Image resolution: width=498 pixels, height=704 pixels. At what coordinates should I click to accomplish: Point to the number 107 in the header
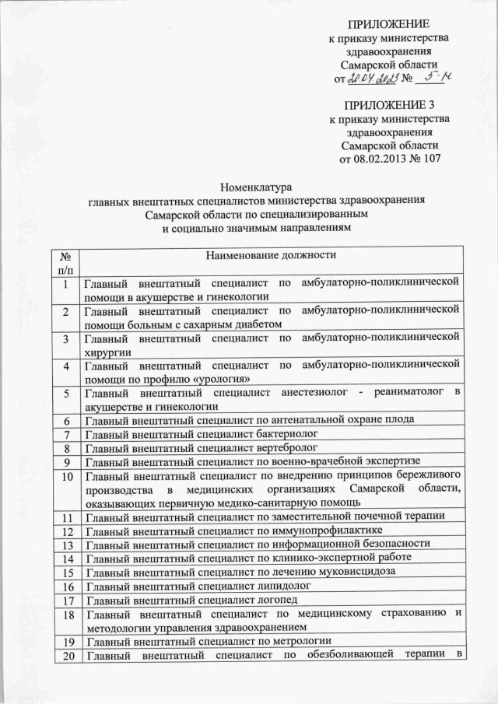(431, 161)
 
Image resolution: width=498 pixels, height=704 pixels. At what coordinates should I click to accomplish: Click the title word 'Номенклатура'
(256, 187)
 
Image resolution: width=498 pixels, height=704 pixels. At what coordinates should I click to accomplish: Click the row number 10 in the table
(66, 475)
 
